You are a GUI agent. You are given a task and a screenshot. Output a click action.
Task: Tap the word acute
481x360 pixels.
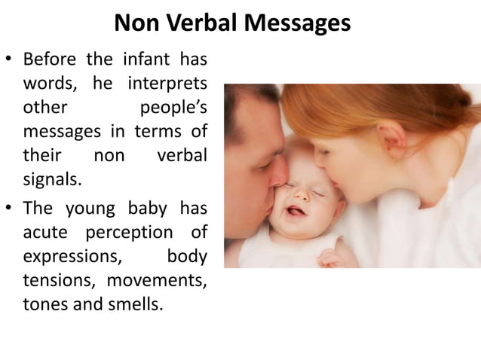(48, 230)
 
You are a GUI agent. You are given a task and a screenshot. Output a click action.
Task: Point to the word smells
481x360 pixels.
(135, 304)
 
